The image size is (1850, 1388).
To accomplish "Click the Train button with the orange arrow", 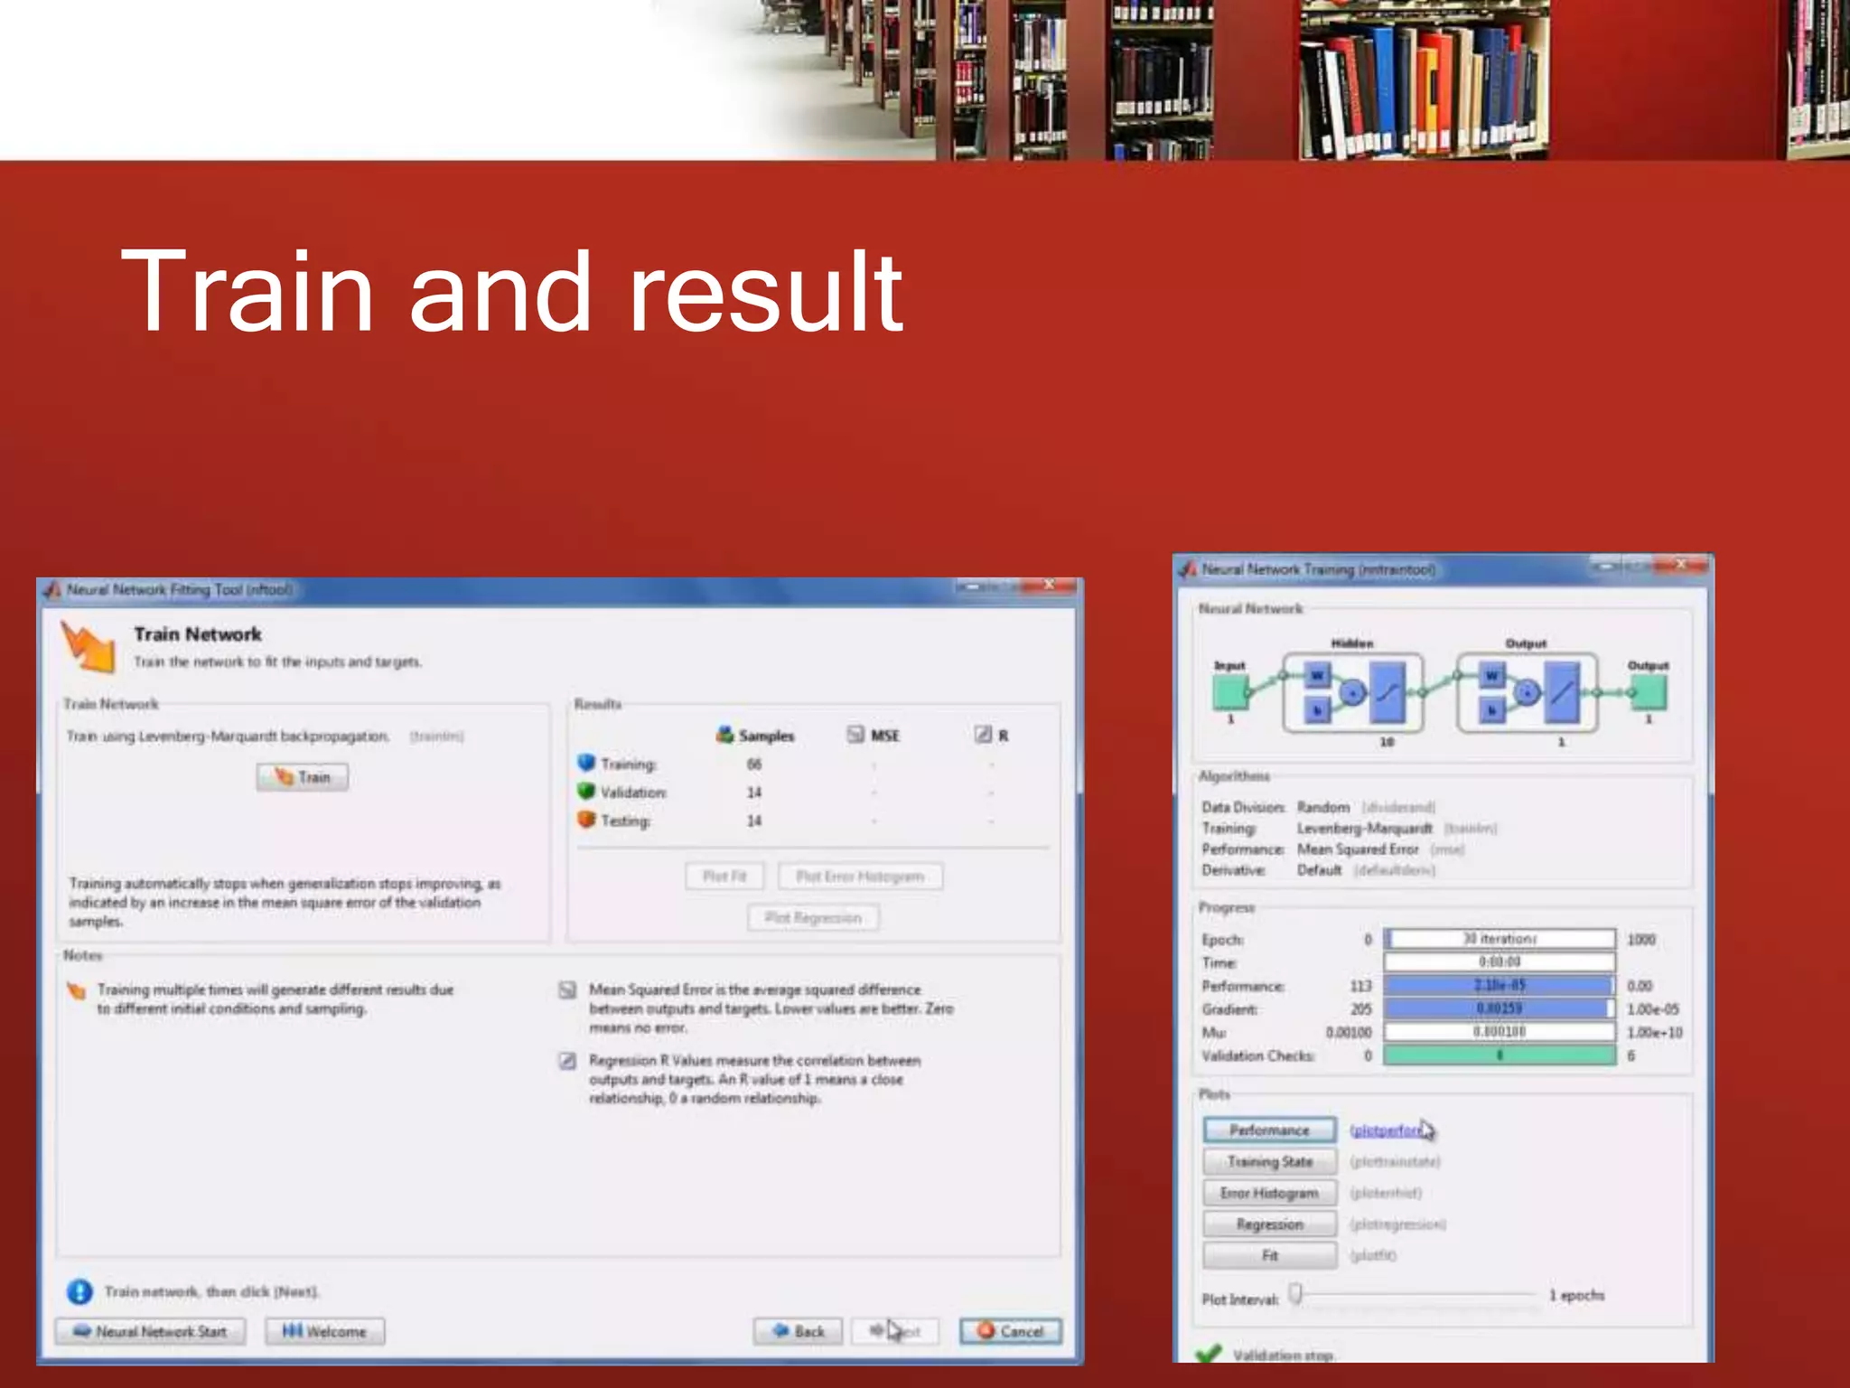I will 302,777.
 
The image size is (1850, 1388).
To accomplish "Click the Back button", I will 799,1331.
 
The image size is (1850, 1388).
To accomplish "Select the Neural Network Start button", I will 150,1331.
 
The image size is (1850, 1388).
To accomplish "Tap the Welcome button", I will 325,1331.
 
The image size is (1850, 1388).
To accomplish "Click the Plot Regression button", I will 813,918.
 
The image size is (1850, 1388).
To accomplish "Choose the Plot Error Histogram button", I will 860,877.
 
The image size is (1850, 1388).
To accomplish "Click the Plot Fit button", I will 724,877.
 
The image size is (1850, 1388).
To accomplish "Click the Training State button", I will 1269,1162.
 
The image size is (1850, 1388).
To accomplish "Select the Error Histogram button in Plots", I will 1269,1194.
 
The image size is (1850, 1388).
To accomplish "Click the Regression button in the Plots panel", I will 1269,1224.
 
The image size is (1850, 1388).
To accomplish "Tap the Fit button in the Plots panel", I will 1269,1256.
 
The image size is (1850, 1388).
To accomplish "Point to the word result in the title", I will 764,292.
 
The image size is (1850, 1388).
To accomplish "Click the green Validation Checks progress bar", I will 1500,1055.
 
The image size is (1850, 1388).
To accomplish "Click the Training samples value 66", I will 754,764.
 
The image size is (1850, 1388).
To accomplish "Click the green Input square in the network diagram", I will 1229,693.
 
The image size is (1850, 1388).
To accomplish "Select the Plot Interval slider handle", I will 1295,1294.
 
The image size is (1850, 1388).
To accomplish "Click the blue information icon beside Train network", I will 79,1292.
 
